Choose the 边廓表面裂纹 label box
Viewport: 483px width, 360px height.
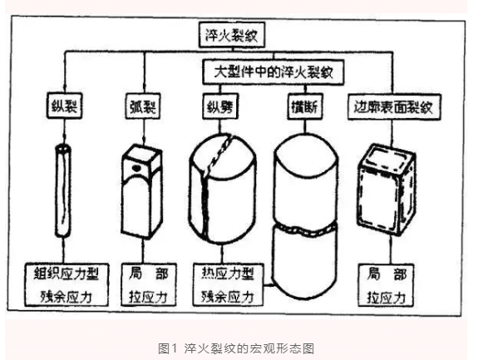click(x=388, y=108)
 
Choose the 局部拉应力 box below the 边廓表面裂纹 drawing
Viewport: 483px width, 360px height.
click(x=388, y=284)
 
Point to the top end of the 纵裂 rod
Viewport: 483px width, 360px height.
click(x=63, y=147)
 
